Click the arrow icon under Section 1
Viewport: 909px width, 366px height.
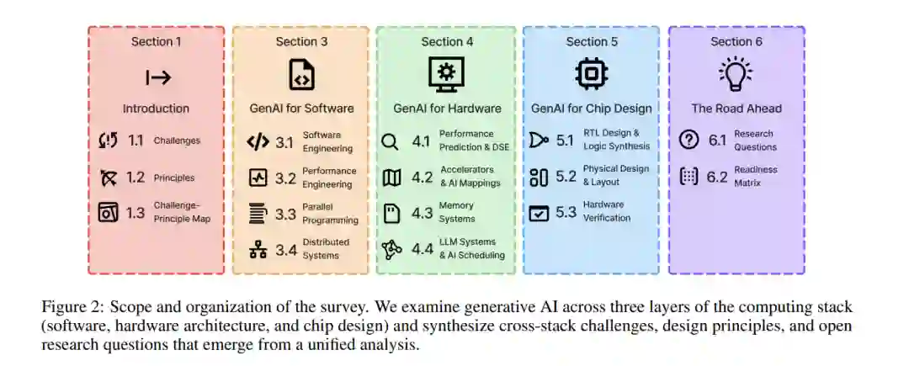[158, 77]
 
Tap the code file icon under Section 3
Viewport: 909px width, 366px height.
[301, 74]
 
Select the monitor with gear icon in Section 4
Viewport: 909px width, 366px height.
[446, 74]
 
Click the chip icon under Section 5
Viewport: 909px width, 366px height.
[591, 74]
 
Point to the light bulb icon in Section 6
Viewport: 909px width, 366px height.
[736, 74]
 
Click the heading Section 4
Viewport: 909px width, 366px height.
[446, 41]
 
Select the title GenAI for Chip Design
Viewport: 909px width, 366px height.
[591, 108]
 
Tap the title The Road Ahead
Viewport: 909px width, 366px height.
[736, 108]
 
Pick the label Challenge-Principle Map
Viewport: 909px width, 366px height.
[182, 213]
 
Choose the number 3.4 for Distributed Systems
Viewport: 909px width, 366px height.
[285, 249]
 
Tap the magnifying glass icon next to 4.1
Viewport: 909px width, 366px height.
[389, 141]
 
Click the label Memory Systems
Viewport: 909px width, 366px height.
[456, 213]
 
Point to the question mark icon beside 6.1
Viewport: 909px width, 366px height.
[689, 141]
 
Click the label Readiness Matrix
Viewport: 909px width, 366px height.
[755, 176]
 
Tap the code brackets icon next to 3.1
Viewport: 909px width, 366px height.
[258, 141]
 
